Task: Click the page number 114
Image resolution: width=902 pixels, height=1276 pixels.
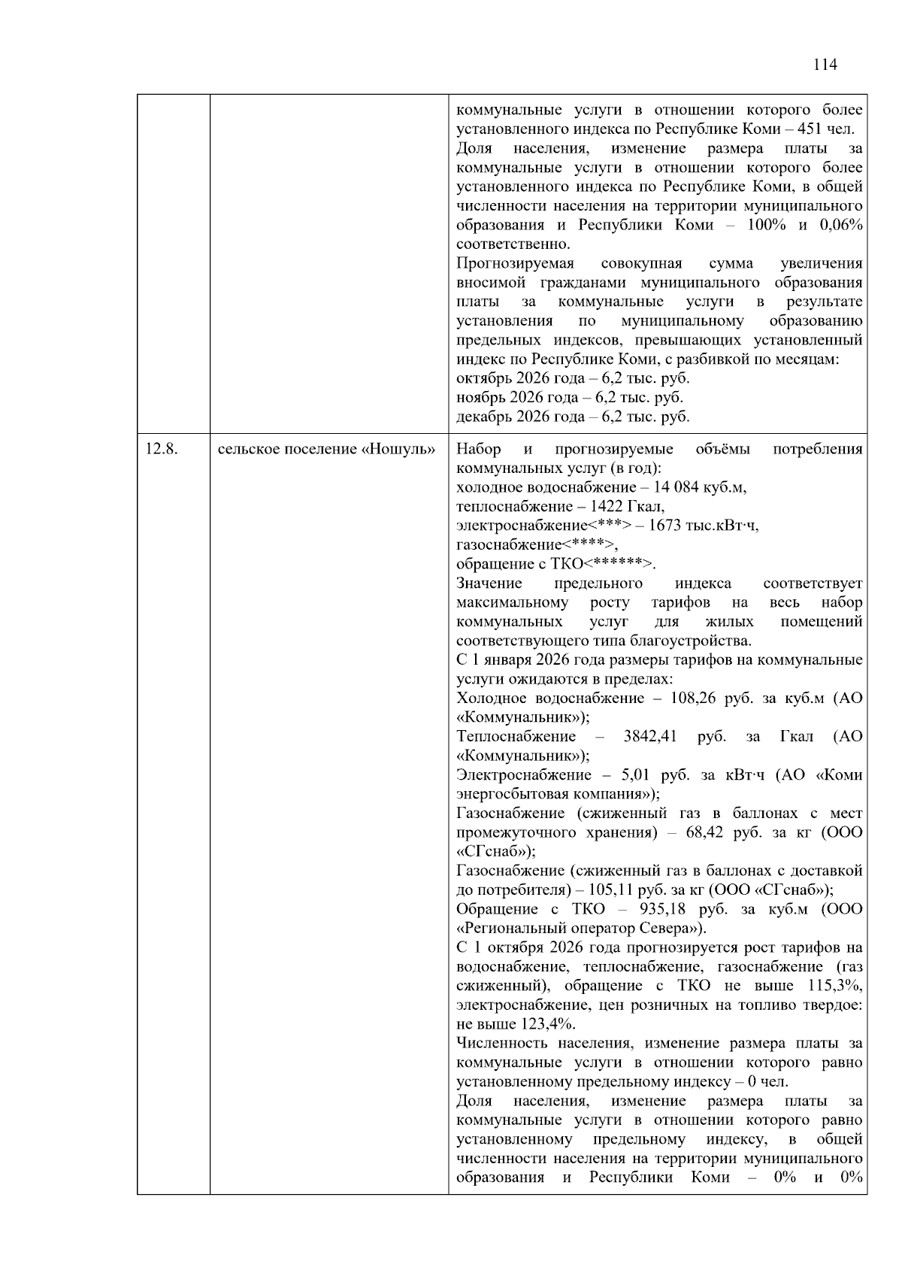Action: (825, 65)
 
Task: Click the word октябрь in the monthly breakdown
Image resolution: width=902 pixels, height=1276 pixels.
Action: (481, 378)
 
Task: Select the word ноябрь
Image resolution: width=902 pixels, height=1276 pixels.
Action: (479, 397)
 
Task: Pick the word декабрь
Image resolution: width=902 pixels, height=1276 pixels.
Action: (481, 417)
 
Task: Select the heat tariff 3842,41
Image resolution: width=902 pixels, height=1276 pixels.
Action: (650, 736)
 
